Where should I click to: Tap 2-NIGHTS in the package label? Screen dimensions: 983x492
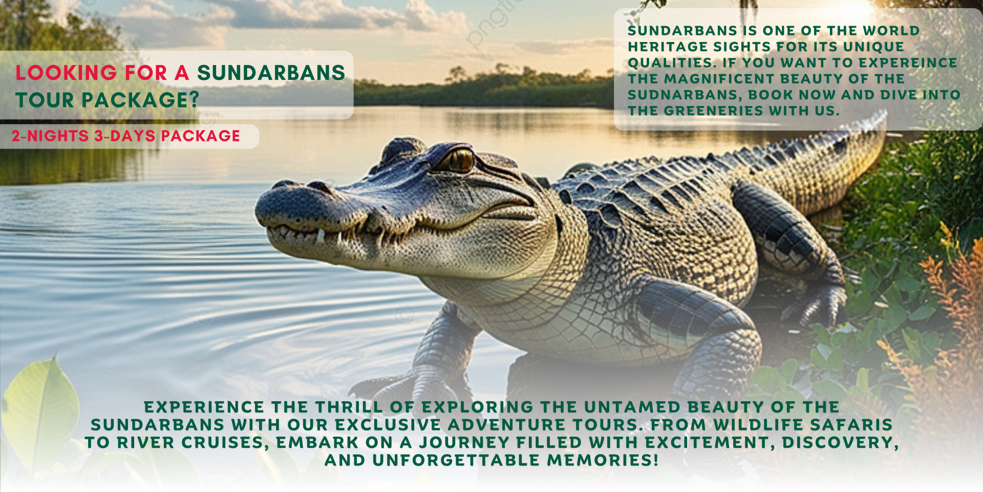[50, 136]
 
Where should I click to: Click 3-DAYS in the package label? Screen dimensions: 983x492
[125, 136]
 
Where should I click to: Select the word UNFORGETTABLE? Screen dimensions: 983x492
[456, 460]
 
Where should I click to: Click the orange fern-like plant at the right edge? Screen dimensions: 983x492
[952, 328]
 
